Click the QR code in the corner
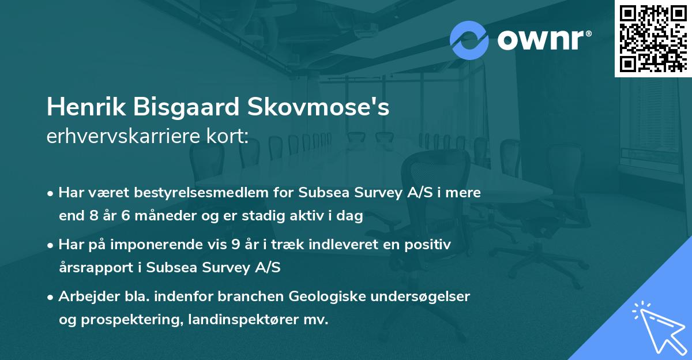point(653,38)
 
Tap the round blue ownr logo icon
point(469,40)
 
